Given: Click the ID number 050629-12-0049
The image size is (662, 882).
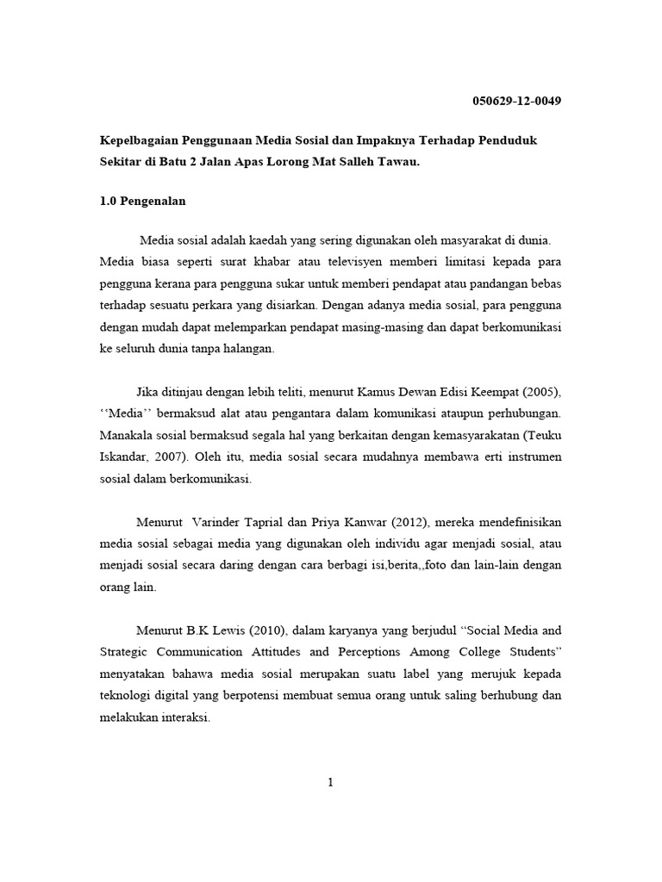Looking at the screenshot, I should pyautogui.click(x=517, y=101).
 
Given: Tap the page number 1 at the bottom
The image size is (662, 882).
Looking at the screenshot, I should pyautogui.click(x=330, y=782).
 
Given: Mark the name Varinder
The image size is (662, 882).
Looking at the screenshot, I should pyautogui.click(x=215, y=522).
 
